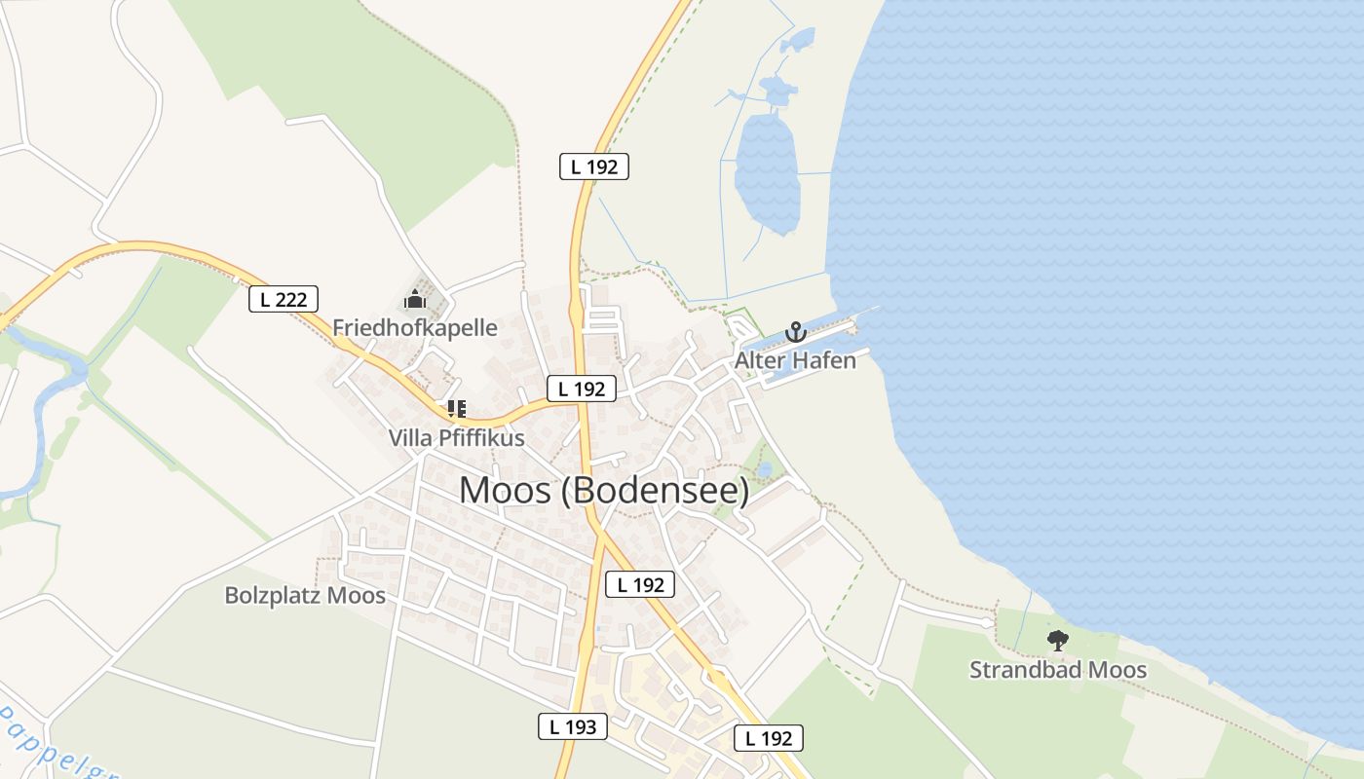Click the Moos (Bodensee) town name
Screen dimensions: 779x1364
pyautogui.click(x=604, y=490)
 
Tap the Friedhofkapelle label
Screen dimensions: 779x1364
pyautogui.click(x=415, y=328)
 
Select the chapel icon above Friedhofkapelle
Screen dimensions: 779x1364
pyautogui.click(x=415, y=299)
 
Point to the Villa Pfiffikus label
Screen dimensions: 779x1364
pyautogui.click(x=456, y=438)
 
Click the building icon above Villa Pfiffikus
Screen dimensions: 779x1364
pyautogui.click(x=456, y=409)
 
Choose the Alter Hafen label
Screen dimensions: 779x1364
pyautogui.click(x=795, y=360)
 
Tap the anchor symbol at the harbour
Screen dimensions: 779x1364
pyautogui.click(x=796, y=332)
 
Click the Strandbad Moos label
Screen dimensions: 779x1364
pyautogui.click(x=1058, y=670)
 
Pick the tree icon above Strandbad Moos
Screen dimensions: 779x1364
pyautogui.click(x=1057, y=641)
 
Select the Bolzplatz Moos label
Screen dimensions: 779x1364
pyautogui.click(x=305, y=595)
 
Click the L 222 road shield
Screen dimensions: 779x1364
pyautogui.click(x=284, y=300)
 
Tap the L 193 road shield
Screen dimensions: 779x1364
pyautogui.click(x=573, y=725)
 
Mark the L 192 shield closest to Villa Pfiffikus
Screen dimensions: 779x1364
pyautogui.click(x=582, y=389)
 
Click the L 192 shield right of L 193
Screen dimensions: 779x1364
pyautogui.click(x=768, y=738)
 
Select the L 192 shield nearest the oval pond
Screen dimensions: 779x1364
pyautogui.click(x=594, y=167)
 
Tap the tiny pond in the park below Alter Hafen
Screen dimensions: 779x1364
pyautogui.click(x=765, y=470)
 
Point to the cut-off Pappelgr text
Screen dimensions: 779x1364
pyautogui.click(x=54, y=745)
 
